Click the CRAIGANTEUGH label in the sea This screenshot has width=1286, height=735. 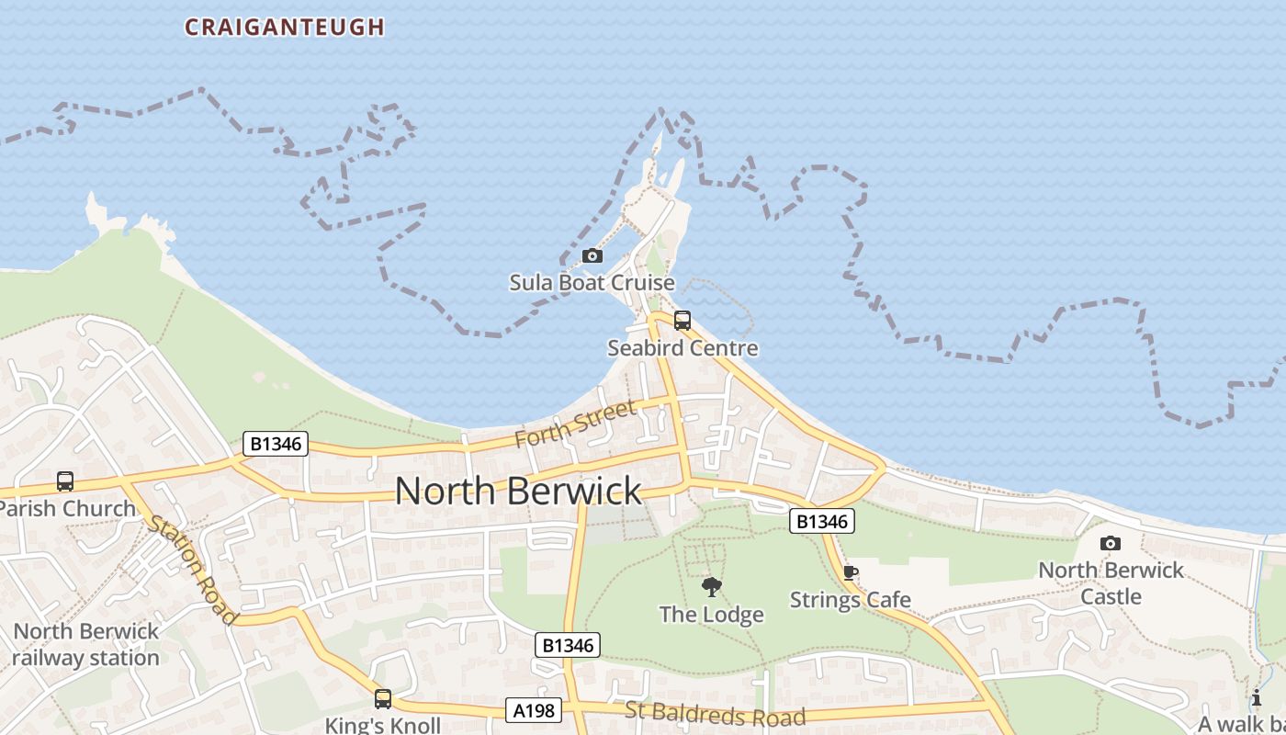285,28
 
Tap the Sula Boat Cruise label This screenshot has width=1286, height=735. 592,283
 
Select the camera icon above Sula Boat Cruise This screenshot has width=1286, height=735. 592,256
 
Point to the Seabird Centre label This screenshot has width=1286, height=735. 682,348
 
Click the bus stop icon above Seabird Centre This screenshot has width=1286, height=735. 682,321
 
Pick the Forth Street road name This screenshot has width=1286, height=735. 575,424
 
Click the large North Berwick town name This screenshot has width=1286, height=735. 518,491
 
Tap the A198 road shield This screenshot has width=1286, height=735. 533,709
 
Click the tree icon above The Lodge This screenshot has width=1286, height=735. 711,587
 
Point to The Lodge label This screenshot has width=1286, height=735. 712,615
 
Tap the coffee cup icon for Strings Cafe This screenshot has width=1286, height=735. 851,573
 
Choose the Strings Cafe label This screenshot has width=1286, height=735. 851,600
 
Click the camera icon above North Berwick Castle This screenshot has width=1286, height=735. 1111,543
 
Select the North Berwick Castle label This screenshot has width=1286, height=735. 1111,583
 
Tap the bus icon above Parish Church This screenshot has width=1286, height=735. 65,481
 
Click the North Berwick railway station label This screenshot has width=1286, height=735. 86,645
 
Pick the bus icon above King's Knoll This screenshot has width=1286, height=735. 383,699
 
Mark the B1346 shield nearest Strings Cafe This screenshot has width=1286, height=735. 822,522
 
